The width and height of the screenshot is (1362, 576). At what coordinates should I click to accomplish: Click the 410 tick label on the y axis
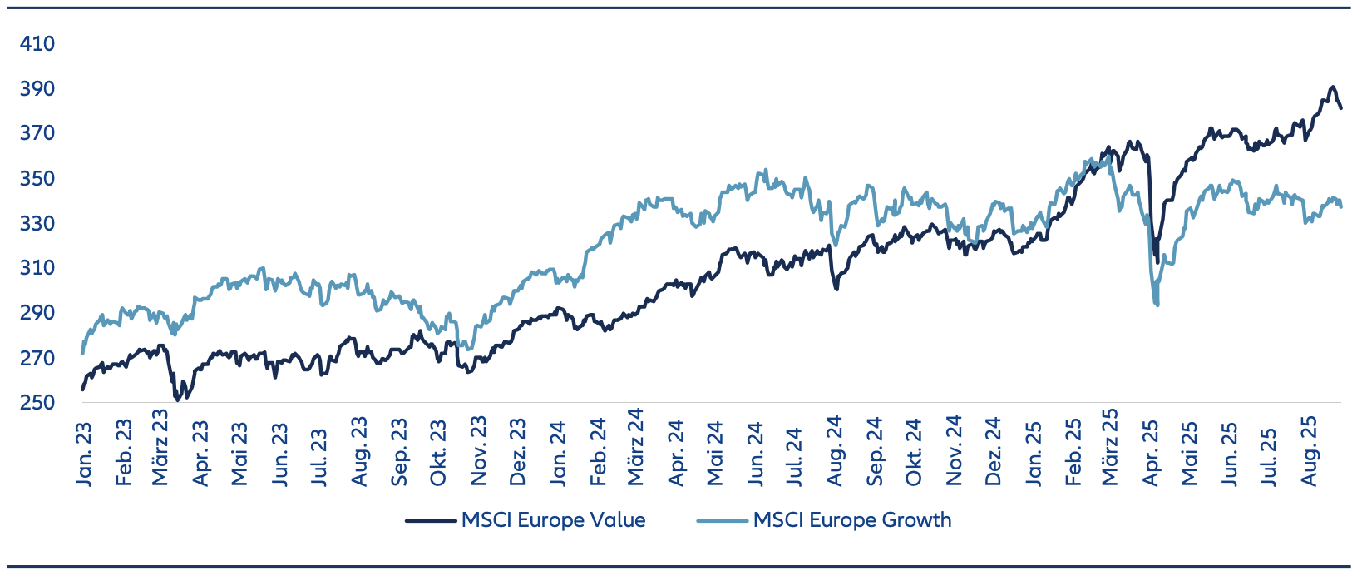[37, 43]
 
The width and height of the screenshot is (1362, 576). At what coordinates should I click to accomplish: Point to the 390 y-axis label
[37, 88]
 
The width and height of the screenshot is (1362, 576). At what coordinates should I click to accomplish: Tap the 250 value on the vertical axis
[37, 403]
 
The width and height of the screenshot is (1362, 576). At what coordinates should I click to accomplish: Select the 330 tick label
[37, 223]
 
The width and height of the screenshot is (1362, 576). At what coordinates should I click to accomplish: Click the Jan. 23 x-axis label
[83, 454]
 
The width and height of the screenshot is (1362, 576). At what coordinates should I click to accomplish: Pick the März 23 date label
[160, 446]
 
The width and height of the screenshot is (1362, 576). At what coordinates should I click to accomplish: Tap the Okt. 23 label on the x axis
[438, 454]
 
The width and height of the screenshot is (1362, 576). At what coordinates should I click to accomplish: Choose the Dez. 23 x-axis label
[517, 454]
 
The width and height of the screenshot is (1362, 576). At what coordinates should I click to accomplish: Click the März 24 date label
[636, 446]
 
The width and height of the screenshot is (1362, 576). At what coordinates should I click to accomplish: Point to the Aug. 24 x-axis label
[835, 452]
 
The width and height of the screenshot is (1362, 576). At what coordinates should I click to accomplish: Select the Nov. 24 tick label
[954, 452]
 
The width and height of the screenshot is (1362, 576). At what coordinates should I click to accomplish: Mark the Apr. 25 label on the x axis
[1152, 454]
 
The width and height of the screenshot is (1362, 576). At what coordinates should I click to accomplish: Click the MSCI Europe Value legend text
[553, 520]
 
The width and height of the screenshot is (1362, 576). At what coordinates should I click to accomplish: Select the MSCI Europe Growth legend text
[852, 520]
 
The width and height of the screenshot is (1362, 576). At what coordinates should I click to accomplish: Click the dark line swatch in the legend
[432, 521]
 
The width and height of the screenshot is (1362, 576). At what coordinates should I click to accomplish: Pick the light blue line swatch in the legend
[723, 521]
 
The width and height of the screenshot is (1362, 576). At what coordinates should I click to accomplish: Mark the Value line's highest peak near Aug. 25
[1332, 87]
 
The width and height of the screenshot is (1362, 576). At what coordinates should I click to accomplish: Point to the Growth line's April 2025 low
[1157, 305]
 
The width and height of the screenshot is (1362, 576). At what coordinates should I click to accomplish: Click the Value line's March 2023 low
[176, 400]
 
